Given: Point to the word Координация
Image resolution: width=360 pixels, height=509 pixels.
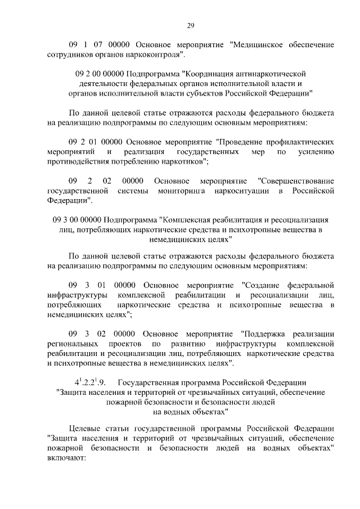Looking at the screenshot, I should click(x=213, y=73).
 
